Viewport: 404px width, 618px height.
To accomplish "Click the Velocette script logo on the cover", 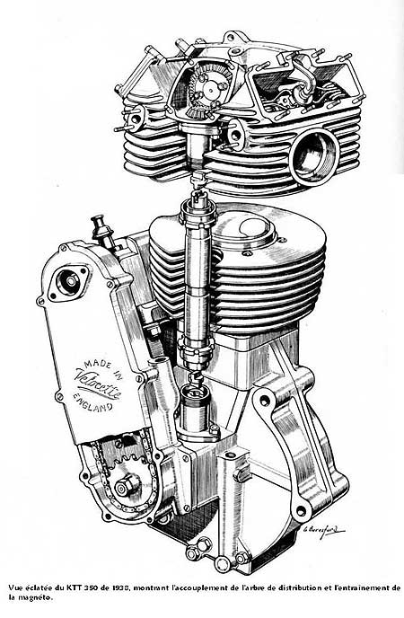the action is pos(100,383).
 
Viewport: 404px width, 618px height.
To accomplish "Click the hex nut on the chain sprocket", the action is pos(127,486).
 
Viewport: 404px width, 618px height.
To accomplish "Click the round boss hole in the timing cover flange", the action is pos(69,280).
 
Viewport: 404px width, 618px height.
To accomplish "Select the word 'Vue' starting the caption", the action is pos(14,598).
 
